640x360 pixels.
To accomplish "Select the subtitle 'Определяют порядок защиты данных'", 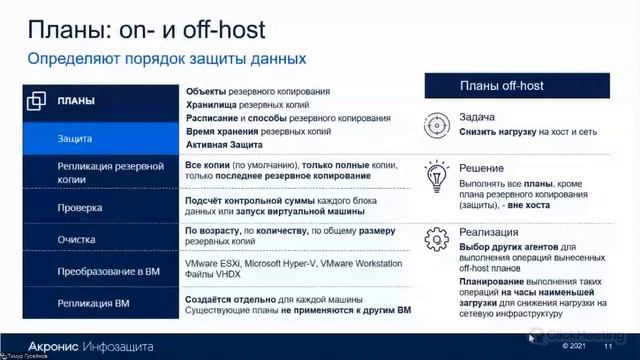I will coord(166,59).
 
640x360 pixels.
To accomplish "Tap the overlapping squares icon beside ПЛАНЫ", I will coord(37,101).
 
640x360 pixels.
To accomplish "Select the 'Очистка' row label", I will coord(78,240).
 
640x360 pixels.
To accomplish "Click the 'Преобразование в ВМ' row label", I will coord(109,272).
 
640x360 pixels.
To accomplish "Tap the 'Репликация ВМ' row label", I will coord(94,302).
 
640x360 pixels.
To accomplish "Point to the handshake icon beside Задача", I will coord(436,124).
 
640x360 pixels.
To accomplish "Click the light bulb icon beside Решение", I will coord(436,176).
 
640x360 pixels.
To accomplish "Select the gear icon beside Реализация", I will coord(436,239).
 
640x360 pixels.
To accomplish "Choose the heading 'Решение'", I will coord(481,168).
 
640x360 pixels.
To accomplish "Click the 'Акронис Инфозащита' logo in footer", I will coord(91,345).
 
